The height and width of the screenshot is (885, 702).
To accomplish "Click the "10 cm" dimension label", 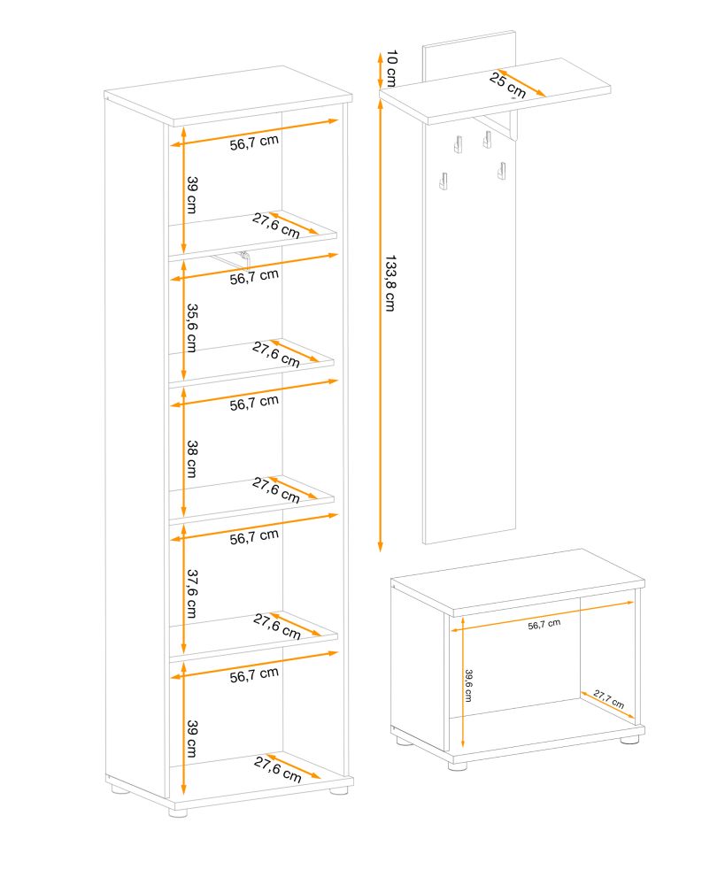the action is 390,68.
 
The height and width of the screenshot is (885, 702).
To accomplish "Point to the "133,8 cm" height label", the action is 390,283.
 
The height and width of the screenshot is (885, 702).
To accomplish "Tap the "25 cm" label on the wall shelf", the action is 507,85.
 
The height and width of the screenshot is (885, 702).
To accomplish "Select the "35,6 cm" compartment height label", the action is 192,328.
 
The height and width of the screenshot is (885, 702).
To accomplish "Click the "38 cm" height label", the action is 192,458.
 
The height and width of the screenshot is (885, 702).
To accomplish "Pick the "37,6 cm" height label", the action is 192,593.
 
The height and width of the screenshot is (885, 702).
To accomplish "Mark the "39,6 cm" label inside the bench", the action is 468,685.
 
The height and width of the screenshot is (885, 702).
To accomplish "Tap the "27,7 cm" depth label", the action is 609,699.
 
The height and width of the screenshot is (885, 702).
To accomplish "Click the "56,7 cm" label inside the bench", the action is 544,624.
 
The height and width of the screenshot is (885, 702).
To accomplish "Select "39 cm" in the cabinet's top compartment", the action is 192,195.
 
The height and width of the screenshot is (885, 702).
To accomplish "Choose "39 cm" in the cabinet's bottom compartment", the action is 192,738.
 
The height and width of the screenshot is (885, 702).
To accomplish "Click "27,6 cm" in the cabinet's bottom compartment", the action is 277,770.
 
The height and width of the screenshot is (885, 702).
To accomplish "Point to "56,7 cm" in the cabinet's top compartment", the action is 254,142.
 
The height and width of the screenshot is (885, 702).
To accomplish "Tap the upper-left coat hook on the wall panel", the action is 458,144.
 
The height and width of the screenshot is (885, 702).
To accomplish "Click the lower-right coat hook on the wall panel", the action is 501,171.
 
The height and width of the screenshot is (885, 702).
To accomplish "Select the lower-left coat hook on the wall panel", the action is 443,181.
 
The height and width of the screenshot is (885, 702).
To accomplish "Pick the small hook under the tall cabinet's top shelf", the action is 244,256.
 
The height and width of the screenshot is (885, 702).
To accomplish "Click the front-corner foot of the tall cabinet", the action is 178,812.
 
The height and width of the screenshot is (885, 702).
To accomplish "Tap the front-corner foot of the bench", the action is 458,766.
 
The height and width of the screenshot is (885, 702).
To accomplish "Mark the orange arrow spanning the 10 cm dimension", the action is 381,69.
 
